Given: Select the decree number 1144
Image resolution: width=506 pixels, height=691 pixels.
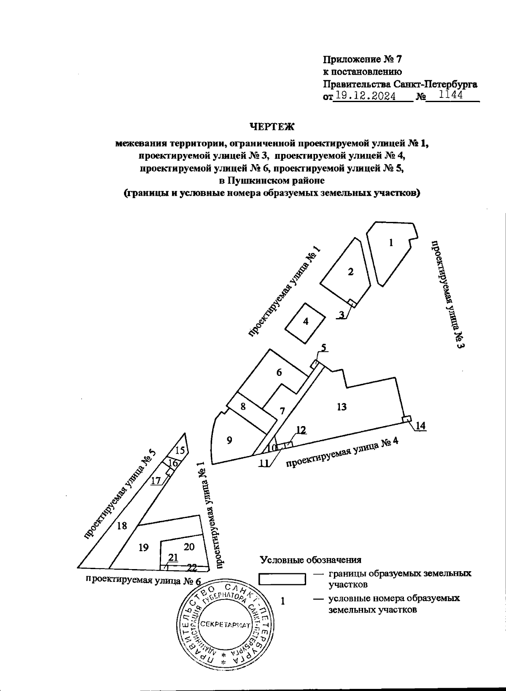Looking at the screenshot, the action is click(451, 95).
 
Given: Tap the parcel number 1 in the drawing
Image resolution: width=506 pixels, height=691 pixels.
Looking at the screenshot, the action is click(391, 243).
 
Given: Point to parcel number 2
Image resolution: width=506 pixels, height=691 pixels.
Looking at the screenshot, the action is click(350, 272).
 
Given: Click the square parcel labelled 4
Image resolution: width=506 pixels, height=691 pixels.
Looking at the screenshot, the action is click(306, 321).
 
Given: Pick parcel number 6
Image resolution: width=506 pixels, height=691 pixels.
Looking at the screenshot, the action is click(279, 372).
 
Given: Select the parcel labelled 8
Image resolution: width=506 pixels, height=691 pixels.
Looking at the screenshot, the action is click(243, 407).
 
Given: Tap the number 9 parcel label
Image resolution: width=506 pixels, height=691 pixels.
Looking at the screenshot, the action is click(229, 440).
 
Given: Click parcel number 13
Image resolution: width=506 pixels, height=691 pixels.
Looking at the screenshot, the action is click(342, 407).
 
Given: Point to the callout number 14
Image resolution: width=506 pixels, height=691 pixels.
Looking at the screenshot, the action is click(421, 426).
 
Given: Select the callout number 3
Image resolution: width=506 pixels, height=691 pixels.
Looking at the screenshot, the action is click(342, 314).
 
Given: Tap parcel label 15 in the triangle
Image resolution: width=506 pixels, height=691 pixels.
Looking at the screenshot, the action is click(180, 450).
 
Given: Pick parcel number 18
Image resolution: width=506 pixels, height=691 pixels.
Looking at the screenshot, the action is click(122, 526).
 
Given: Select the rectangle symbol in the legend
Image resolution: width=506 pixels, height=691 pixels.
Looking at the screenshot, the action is click(282, 578).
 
